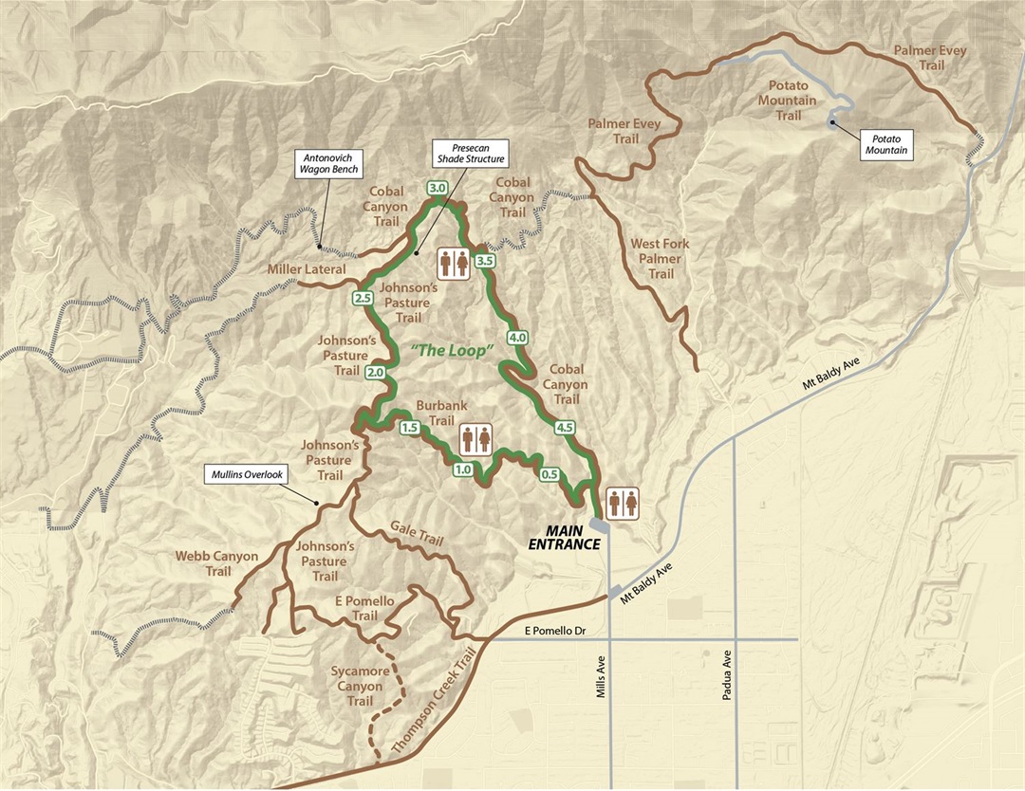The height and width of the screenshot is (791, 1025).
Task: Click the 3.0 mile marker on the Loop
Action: coord(438,189)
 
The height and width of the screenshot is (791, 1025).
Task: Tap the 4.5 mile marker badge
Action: coord(567,428)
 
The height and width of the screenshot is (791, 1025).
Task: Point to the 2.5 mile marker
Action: coord(362,299)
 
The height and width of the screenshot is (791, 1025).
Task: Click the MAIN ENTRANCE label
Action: coord(565,537)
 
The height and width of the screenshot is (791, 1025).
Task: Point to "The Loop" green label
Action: coord(455,351)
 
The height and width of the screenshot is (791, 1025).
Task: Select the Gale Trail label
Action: coord(417,533)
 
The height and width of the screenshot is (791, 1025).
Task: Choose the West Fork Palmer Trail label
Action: coord(661,259)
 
